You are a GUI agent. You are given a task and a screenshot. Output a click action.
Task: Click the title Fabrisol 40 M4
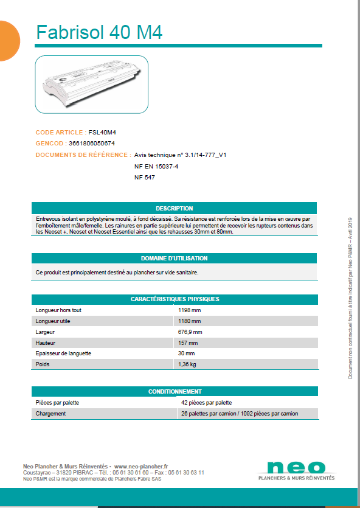click(x=99, y=32)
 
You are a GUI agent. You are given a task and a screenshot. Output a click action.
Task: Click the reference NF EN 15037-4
click(x=156, y=166)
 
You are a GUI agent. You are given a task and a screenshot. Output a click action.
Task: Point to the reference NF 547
click(x=145, y=177)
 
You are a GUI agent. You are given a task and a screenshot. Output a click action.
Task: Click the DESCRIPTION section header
click(x=174, y=208)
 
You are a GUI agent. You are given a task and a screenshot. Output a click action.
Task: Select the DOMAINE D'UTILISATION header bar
click(x=174, y=258)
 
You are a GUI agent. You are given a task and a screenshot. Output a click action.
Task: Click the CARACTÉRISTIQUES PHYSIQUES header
click(x=174, y=299)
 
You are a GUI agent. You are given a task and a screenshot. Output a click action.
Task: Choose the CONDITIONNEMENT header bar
click(x=174, y=392)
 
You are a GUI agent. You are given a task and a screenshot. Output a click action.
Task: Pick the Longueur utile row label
click(x=53, y=321)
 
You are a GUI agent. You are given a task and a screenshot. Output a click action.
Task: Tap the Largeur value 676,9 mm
click(x=190, y=332)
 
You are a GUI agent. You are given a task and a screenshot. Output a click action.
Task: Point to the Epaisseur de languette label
click(x=65, y=353)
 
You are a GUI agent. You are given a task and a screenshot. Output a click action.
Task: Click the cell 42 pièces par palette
click(x=206, y=403)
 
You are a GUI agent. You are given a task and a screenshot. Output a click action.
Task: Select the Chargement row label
click(x=50, y=414)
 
